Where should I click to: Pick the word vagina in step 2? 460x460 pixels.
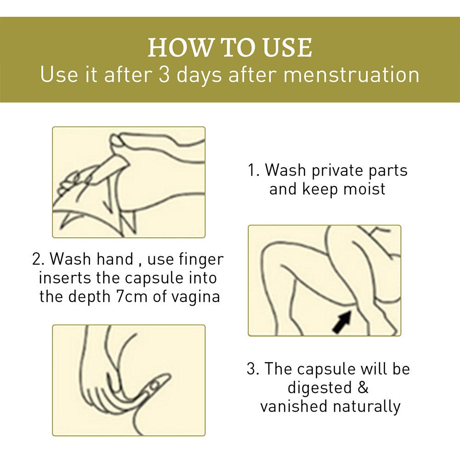(195, 297)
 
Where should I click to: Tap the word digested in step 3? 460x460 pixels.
(319, 388)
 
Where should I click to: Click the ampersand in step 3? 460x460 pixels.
(363, 387)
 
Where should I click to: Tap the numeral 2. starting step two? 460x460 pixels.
(39, 259)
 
